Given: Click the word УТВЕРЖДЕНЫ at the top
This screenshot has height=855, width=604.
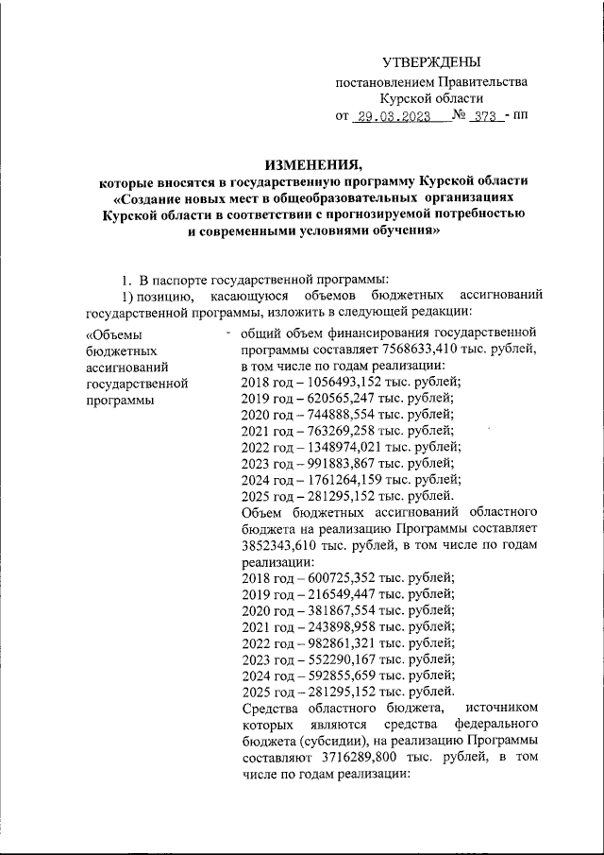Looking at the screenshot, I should click(431, 62).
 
